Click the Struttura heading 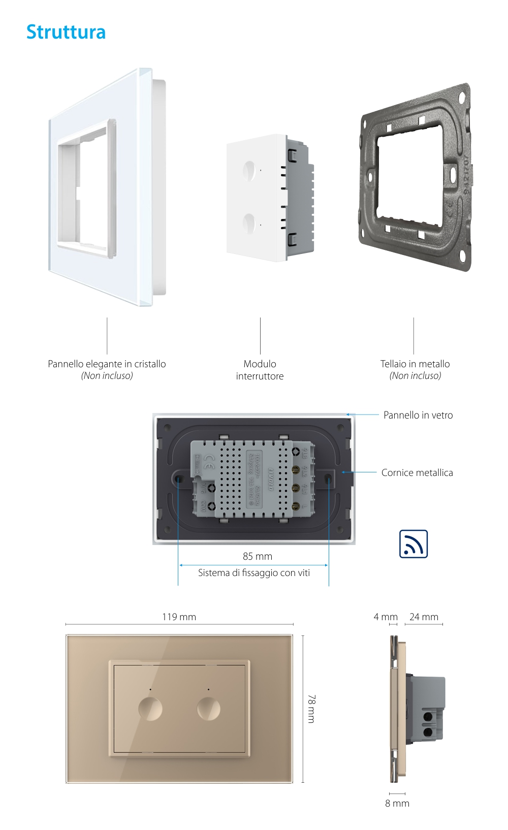point(66,32)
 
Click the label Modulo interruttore point(260,370)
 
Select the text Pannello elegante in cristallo point(107,364)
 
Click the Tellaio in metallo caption point(415,364)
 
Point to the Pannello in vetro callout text point(418,415)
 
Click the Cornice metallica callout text point(417,472)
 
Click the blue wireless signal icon point(413,544)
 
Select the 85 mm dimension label point(257,556)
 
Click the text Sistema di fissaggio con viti point(253,572)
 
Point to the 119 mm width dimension point(179,617)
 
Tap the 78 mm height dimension point(311,709)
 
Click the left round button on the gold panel point(150,709)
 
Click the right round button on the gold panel point(209,709)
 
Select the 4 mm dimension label point(385,617)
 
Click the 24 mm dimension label point(424,617)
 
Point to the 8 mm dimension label point(397,803)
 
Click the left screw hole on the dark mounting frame point(179,478)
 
